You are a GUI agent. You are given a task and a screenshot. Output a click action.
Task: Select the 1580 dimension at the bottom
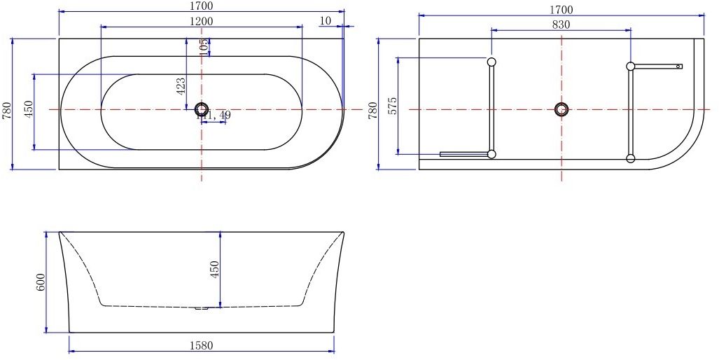point(201,345)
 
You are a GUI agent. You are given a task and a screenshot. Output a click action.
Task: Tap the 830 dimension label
point(561,25)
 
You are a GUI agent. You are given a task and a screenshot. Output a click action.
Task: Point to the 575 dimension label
point(393,106)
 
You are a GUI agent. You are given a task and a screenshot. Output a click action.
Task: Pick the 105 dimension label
point(204,47)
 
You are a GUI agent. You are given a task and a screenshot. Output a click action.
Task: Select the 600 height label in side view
point(41,282)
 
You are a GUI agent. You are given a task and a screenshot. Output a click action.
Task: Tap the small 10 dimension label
point(325,21)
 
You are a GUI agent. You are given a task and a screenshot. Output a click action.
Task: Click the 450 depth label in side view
point(215,269)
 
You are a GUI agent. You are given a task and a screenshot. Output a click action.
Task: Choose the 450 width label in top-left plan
point(29,111)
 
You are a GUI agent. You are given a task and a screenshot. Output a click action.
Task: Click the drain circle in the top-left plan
point(202,109)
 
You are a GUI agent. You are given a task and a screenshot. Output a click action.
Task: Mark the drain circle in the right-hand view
point(561,109)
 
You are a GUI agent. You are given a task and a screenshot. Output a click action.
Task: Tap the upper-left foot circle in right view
point(491,62)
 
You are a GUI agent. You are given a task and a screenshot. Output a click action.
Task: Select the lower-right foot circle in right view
point(631,158)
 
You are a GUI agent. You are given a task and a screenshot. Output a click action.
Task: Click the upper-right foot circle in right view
point(631,67)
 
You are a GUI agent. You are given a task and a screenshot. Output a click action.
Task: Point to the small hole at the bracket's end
point(678,67)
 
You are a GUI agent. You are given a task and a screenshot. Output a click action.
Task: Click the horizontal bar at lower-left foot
point(463,154)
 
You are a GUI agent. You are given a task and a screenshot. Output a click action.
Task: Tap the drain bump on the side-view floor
point(202,307)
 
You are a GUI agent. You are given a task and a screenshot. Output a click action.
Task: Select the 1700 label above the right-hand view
point(561,9)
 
